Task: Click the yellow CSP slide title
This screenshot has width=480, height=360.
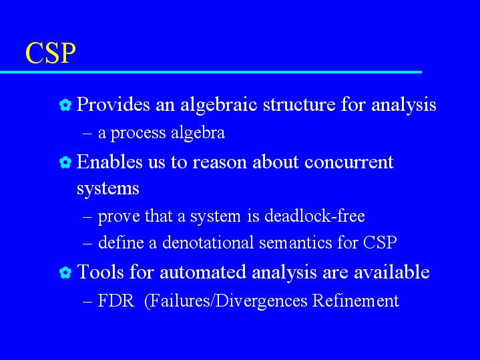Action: point(51,53)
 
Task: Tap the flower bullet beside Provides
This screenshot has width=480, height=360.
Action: point(65,105)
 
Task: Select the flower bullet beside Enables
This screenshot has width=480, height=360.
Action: point(65,162)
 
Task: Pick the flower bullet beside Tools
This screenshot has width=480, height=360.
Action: point(65,273)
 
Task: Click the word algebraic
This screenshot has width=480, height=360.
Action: point(219,105)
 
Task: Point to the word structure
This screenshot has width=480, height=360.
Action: point(299,104)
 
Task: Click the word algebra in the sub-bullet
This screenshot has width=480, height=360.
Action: point(198,133)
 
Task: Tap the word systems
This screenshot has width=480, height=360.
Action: point(107,189)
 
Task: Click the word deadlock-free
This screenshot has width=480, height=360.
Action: point(314,216)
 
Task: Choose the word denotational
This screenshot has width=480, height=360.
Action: point(208,242)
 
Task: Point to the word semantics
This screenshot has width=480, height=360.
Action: point(295,243)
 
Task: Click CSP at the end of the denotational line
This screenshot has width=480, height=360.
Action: point(380,242)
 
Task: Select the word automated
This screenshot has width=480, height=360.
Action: point(203,272)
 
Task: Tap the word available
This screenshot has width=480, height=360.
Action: point(392,272)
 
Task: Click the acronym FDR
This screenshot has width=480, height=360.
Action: point(116,301)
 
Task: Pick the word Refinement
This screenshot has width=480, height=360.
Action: point(356,301)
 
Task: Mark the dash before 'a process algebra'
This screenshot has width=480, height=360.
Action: point(87,134)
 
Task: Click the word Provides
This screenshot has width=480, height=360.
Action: point(113,104)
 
